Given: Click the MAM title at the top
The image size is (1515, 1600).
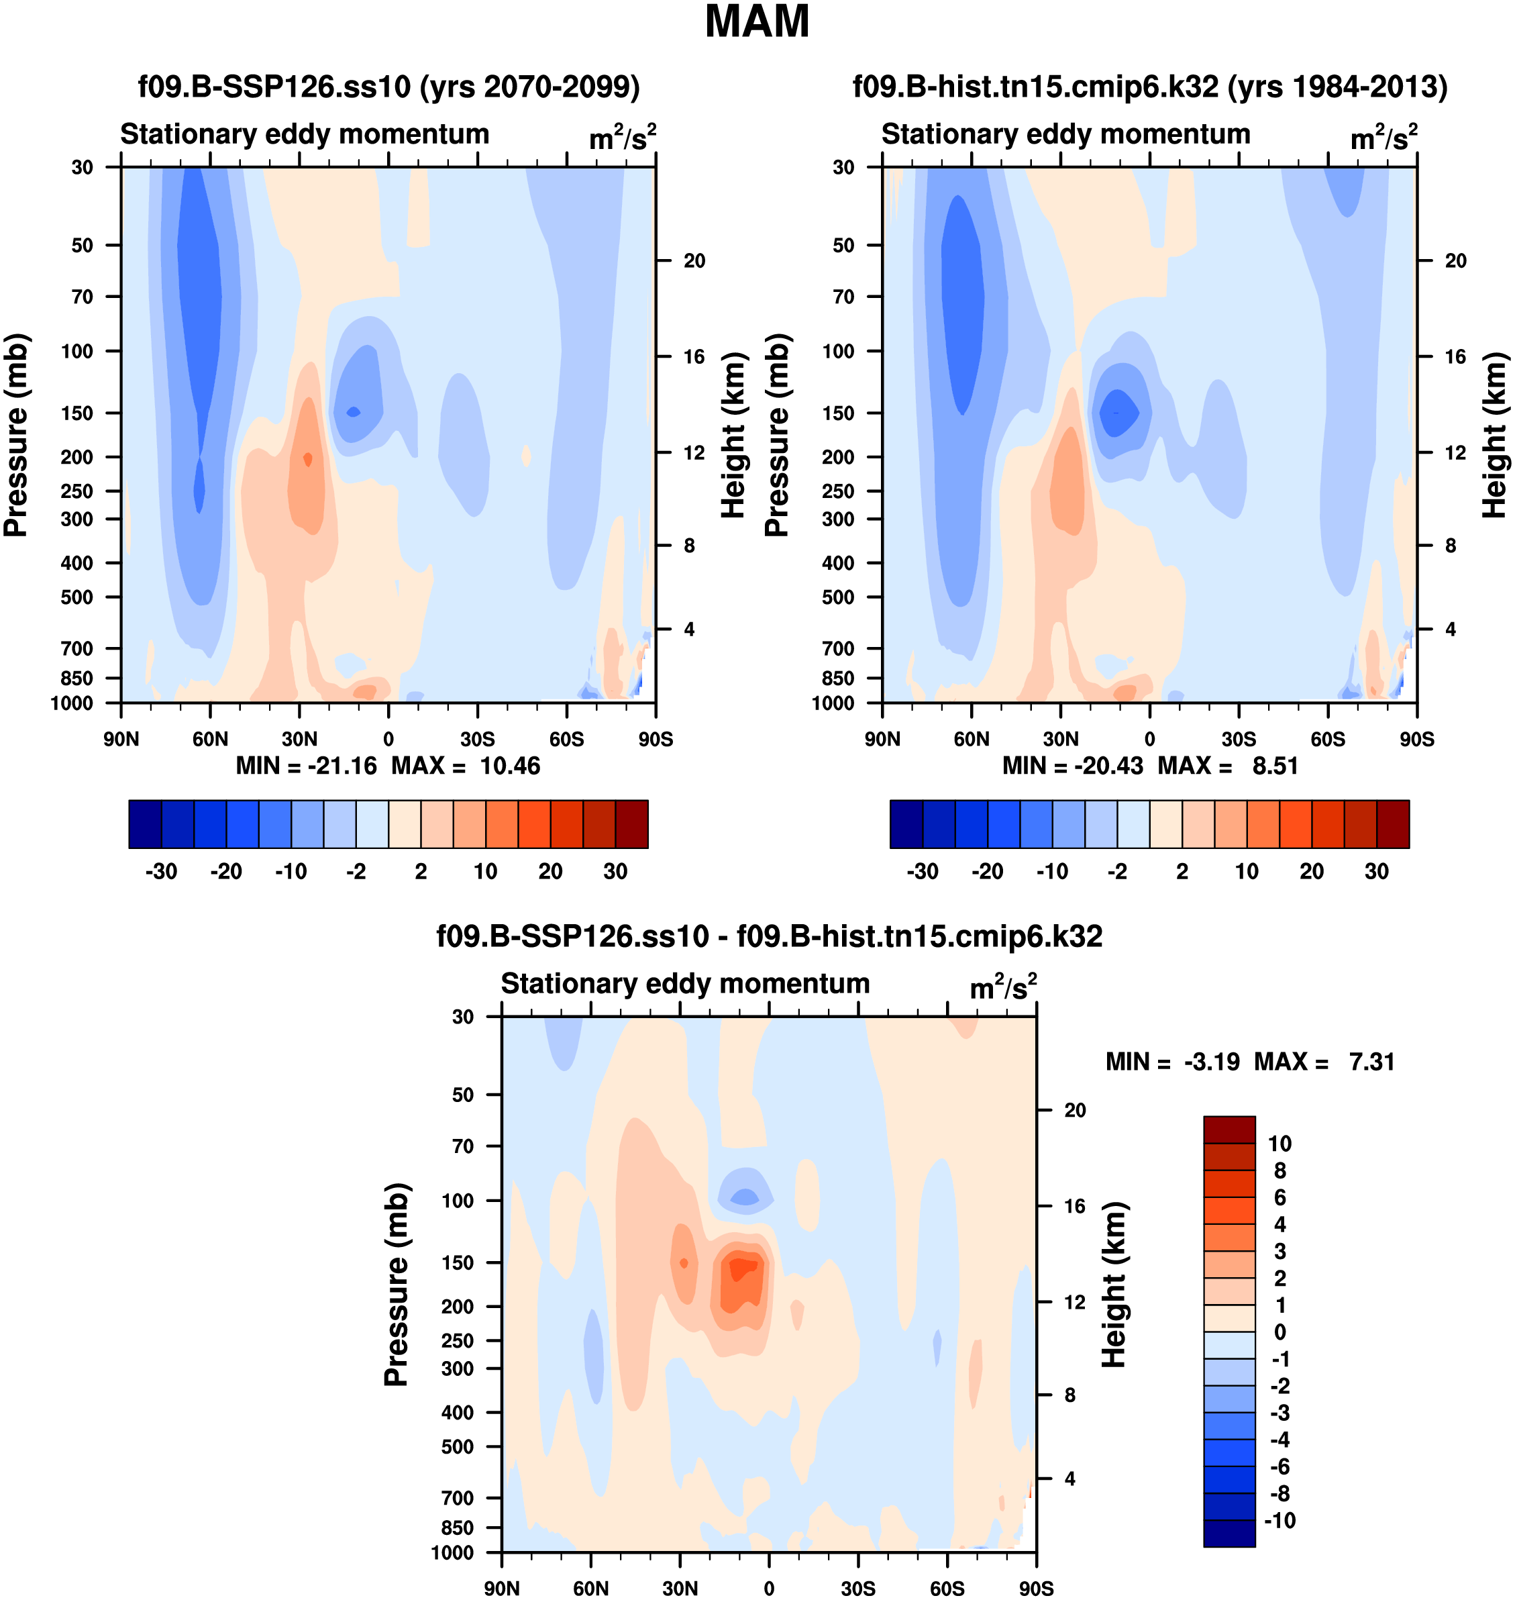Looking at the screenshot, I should tap(757, 23).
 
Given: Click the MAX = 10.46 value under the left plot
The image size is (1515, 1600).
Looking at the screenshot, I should tap(466, 766).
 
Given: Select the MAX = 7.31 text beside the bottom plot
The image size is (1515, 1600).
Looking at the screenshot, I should tap(1324, 1061).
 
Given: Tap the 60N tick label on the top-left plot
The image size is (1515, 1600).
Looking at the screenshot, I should tap(210, 739).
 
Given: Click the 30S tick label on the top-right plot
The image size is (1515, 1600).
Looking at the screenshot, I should tap(1238, 739).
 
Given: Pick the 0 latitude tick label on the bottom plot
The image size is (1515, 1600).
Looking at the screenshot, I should tap(769, 1588).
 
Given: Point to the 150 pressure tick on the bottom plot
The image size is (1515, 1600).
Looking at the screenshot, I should tap(458, 1262).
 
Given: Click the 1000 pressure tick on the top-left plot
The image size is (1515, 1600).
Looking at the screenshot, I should tap(72, 703).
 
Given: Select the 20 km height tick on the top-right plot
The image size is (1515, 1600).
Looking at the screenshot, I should tap(1455, 261).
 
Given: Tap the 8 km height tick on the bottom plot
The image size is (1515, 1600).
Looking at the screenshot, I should tap(1070, 1395).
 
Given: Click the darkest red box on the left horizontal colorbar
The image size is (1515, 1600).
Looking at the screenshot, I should tap(631, 825).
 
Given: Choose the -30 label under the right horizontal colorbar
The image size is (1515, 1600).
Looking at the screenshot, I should tap(923, 872).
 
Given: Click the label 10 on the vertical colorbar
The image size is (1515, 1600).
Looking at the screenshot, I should tap(1280, 1144).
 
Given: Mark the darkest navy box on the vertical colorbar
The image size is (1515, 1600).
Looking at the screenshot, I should tap(1229, 1533).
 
